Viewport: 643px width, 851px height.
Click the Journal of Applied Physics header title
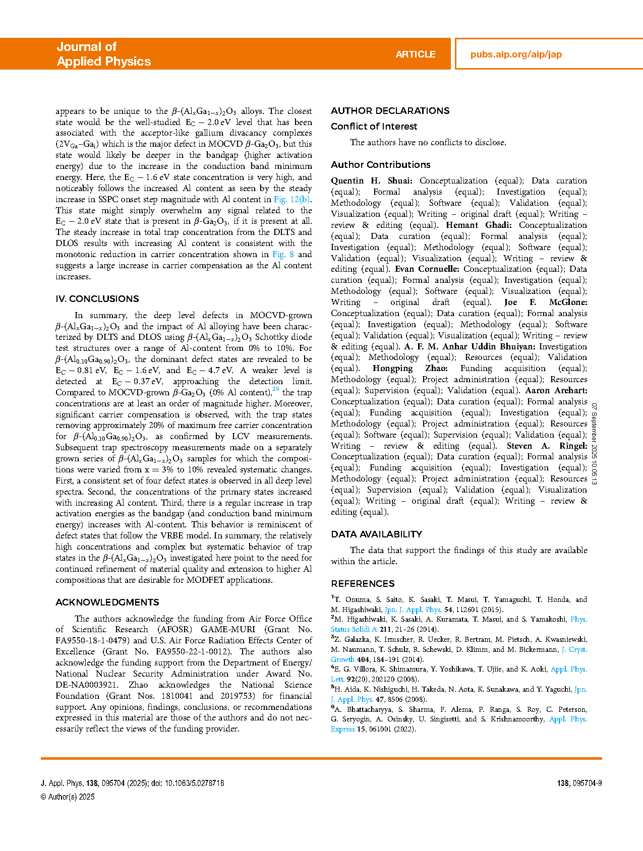103,54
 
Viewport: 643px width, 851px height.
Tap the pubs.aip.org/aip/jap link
516,54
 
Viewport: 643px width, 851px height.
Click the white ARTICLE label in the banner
415,54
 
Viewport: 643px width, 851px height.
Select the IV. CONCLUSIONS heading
97,299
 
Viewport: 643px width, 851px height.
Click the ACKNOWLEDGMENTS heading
107,602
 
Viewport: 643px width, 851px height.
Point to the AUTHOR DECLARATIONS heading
390,111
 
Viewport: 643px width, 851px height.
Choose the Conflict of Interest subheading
374,127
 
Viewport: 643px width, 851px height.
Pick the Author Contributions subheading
380,165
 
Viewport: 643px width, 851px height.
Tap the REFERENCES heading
363,584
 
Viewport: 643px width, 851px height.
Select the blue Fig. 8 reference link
283,255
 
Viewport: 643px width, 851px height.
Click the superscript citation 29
275,389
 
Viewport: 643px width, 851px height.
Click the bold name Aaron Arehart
556,391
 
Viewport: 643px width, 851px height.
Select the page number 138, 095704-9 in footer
579,783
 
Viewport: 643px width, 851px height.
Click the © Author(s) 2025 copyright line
68,797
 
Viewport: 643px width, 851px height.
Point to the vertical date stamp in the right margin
594,444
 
